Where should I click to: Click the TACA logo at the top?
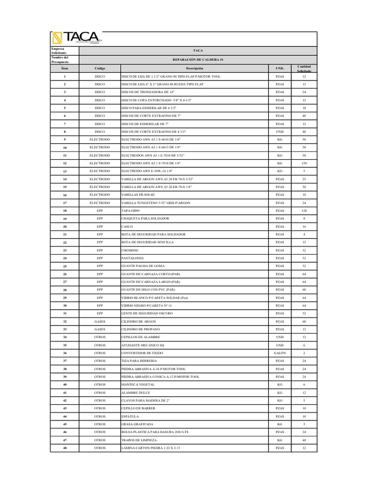point(77,38)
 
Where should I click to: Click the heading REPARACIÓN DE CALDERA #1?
point(198,59)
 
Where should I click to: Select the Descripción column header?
point(195,69)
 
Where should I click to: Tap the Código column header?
point(100,69)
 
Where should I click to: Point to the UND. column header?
point(280,69)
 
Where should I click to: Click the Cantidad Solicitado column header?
point(304,69)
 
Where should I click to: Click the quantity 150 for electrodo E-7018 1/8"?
point(304,163)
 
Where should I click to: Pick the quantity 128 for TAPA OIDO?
point(304,210)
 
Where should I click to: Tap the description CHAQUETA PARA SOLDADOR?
point(145,219)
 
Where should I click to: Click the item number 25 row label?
point(65,266)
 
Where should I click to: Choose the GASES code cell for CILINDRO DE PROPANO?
point(100,329)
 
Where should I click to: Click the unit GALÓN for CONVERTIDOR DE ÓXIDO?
point(280,353)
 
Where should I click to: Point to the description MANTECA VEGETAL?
point(138,385)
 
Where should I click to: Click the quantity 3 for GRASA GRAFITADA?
point(304,424)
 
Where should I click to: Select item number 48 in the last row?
point(65,448)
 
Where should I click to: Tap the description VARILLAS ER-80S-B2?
point(141,195)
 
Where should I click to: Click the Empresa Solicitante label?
point(60,50)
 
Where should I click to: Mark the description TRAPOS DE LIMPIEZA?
point(141,440)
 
